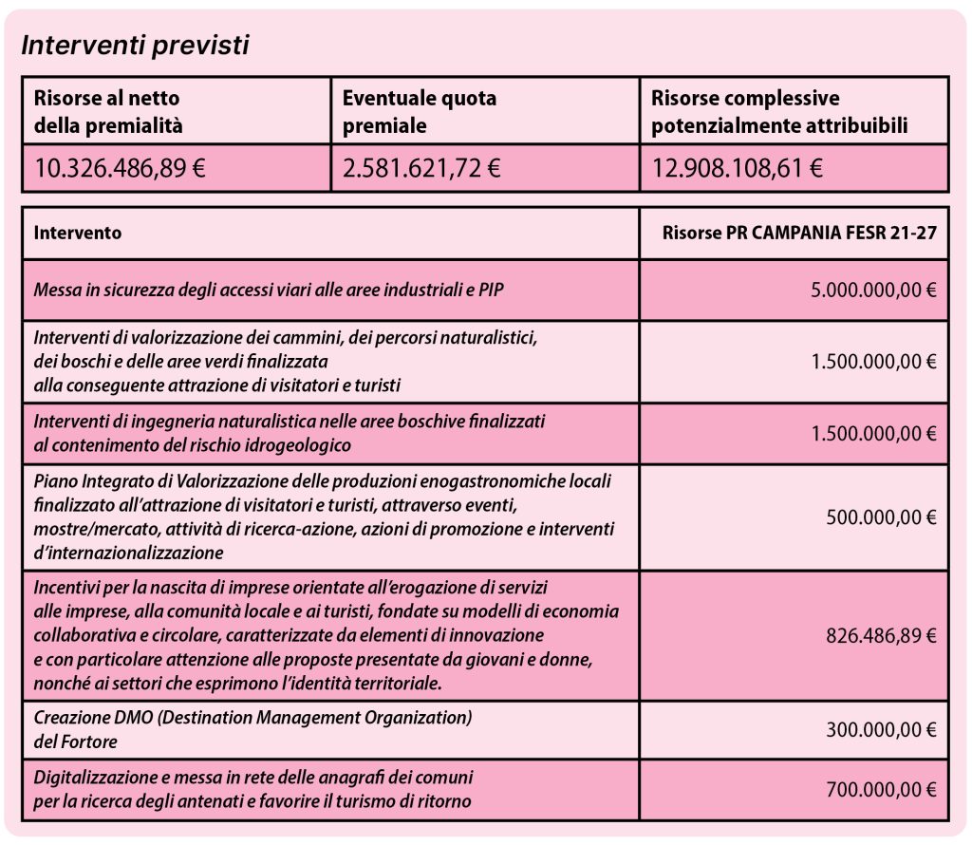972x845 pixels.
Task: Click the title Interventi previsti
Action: pyautogui.click(x=135, y=45)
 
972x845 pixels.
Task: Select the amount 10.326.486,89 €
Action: pyautogui.click(x=120, y=169)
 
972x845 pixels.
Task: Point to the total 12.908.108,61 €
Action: pyautogui.click(x=738, y=169)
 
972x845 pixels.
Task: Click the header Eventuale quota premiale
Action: pyautogui.click(x=420, y=111)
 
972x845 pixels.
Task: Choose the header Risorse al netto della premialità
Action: pyautogui.click(x=107, y=111)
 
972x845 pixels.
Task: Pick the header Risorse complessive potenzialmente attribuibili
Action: pyautogui.click(x=779, y=111)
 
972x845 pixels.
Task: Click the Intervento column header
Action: pyautogui.click(x=78, y=233)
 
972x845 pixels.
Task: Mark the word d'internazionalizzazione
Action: pyautogui.click(x=128, y=552)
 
